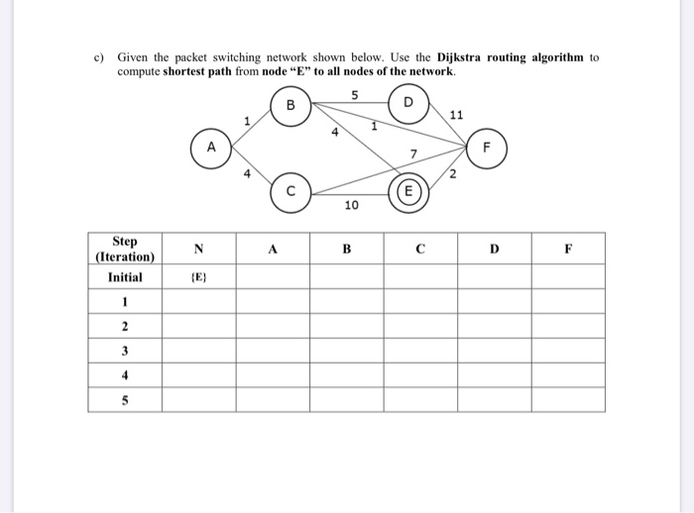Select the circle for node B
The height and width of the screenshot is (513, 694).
pyautogui.click(x=291, y=104)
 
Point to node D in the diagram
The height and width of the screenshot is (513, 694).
pyautogui.click(x=408, y=104)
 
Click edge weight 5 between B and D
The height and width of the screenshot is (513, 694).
pyautogui.click(x=351, y=95)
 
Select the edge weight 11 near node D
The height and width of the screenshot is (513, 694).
pyautogui.click(x=455, y=116)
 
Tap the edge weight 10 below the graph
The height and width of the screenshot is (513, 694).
pyautogui.click(x=350, y=206)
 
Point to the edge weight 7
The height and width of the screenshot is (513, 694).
pyautogui.click(x=413, y=154)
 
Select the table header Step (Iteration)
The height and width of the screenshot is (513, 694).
pyautogui.click(x=125, y=249)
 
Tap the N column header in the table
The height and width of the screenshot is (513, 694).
pyautogui.click(x=198, y=250)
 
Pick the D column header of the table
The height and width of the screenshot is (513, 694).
pyautogui.click(x=494, y=250)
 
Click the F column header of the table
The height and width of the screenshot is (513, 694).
pyautogui.click(x=567, y=250)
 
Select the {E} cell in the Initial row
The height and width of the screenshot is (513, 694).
pyautogui.click(x=198, y=277)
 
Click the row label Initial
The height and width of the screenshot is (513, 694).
pyautogui.click(x=125, y=277)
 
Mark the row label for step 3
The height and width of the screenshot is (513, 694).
pyautogui.click(x=125, y=351)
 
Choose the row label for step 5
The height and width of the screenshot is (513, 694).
pyautogui.click(x=125, y=399)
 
